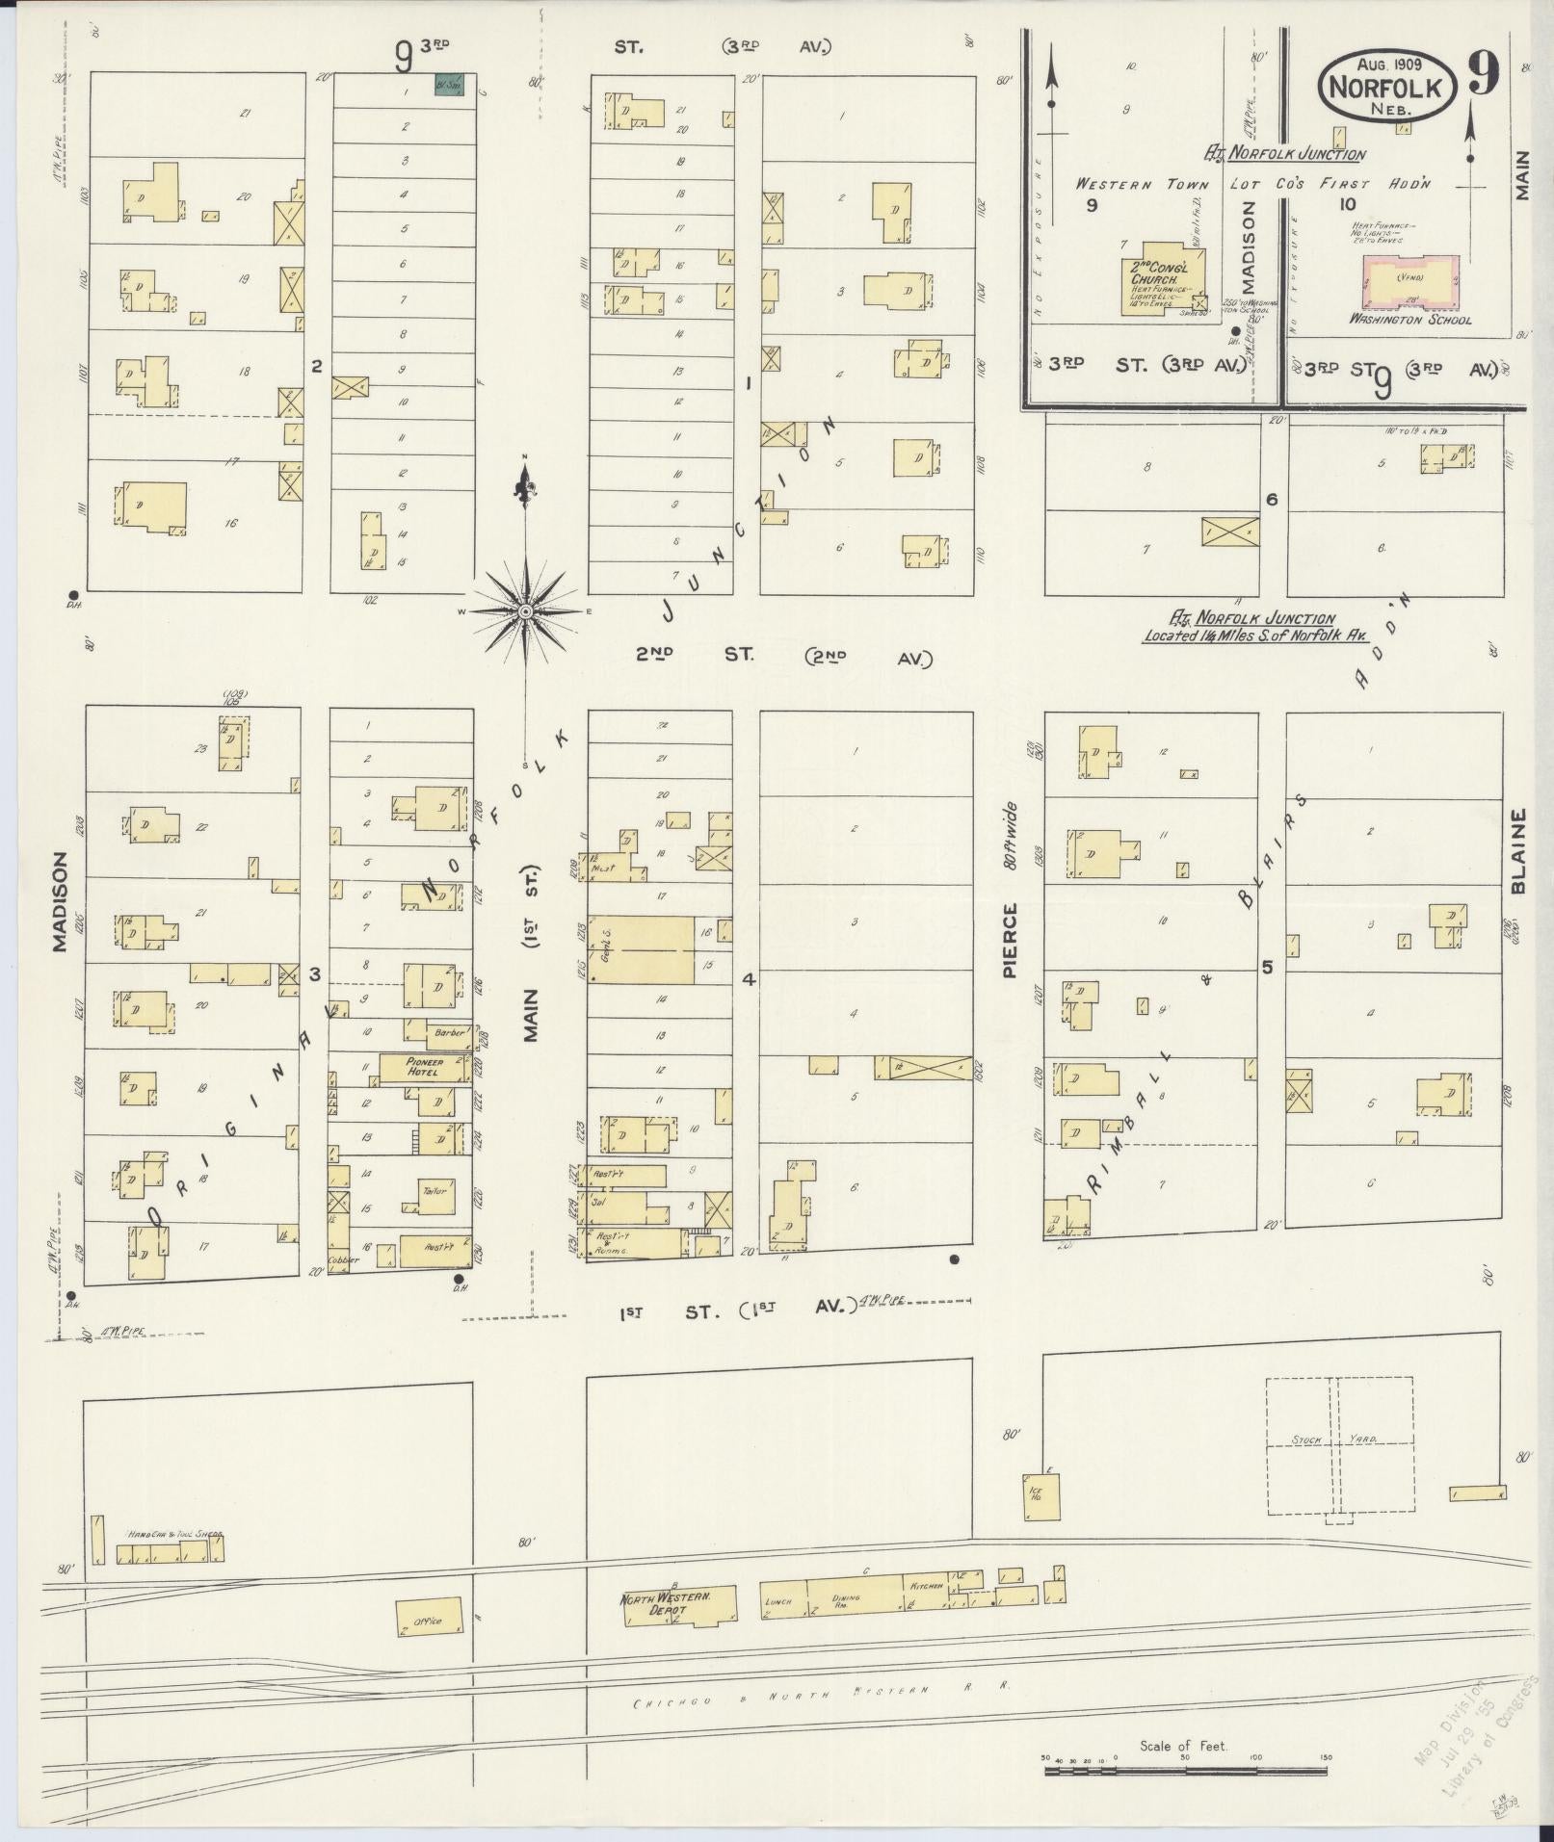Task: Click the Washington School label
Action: [1409, 320]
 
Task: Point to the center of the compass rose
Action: [526, 611]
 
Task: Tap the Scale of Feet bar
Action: [1185, 1768]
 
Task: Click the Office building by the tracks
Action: [427, 1621]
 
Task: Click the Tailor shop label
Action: [435, 1191]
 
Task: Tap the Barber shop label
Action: [448, 1032]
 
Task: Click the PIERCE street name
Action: [1010, 941]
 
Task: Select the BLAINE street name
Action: [1519, 851]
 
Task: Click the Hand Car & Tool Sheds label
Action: [174, 1534]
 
